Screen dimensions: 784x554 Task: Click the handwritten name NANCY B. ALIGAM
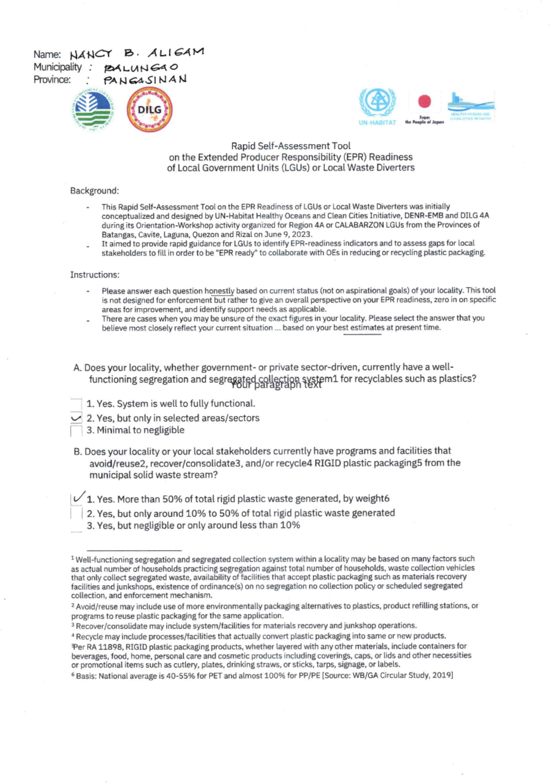pos(137,53)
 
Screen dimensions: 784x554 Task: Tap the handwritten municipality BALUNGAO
pos(140,67)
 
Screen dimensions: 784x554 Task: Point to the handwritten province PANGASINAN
pos(145,80)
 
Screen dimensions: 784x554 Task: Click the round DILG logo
pos(149,110)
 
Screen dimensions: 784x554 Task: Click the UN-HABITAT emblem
pos(377,103)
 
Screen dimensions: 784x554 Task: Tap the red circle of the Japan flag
pos(424,102)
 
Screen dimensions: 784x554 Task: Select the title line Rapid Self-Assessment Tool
pos(290,146)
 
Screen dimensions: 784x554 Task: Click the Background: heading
pos(94,191)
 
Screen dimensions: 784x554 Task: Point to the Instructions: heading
pos(95,275)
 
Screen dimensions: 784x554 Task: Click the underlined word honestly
pos(219,291)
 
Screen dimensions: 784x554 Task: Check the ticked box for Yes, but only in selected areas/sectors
pos(76,418)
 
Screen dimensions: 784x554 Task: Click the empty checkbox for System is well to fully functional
pos(76,404)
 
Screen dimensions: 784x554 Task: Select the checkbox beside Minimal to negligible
pos(76,431)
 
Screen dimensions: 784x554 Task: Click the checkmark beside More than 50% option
pos(78,497)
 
